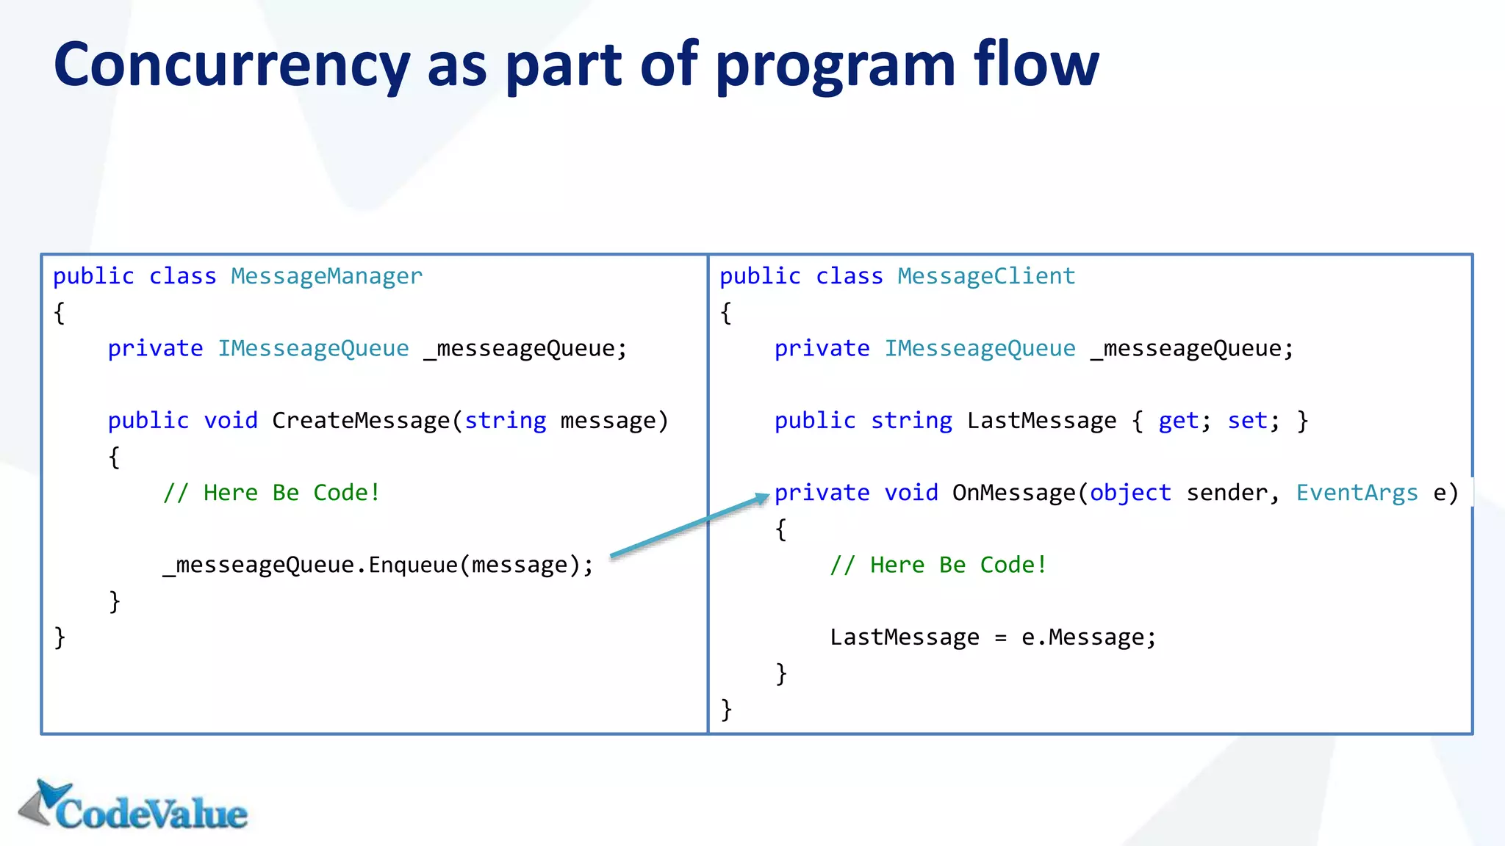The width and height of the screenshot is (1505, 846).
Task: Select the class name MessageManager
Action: coord(326,276)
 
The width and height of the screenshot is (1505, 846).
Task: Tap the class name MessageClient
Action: coord(986,276)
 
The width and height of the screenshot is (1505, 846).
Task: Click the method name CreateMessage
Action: coord(361,421)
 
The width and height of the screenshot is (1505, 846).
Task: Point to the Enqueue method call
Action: coord(412,565)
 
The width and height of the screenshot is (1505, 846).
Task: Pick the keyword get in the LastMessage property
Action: coord(1179,421)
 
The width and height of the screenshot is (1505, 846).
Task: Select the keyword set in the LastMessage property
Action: coord(1248,421)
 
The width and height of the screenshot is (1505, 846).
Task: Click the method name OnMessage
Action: coord(1014,493)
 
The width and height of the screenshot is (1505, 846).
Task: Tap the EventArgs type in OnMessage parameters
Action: coord(1357,493)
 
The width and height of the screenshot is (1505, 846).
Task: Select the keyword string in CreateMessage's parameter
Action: coord(506,421)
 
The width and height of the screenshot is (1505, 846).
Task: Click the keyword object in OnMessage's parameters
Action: coord(1130,493)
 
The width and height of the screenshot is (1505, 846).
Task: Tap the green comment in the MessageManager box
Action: coord(271,493)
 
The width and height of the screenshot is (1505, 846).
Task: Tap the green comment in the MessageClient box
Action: coord(938,565)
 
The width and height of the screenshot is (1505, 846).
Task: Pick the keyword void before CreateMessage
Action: coord(231,421)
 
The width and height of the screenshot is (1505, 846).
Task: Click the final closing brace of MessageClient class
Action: coord(726,709)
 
